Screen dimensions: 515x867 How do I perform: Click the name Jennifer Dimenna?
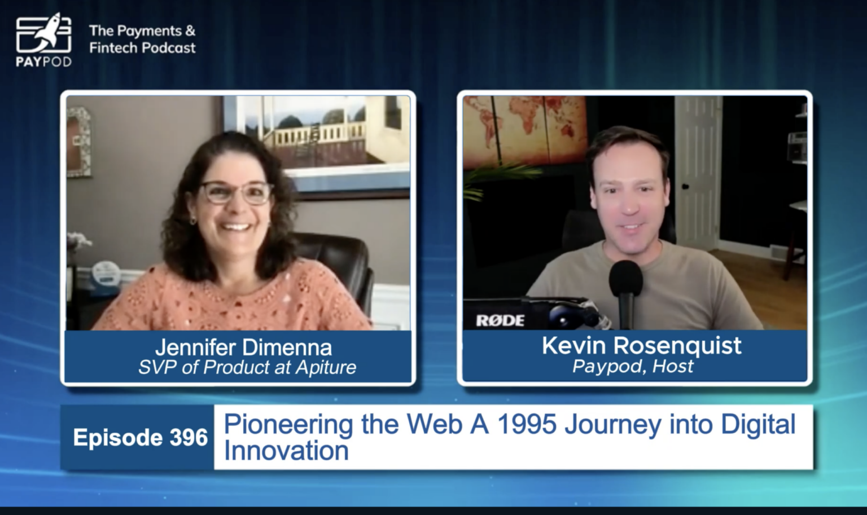tap(243, 347)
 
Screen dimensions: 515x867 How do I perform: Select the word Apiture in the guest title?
tap(326, 367)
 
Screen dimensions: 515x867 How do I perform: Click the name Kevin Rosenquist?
tap(641, 345)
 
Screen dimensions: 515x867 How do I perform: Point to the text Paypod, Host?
tap(632, 366)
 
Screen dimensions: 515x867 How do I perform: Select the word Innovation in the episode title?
tap(286, 451)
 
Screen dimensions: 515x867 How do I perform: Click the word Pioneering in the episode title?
tap(288, 425)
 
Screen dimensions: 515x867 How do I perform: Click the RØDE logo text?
tap(500, 320)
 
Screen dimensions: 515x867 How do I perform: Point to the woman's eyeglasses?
tap(237, 193)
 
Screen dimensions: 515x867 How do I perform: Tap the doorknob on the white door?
tap(685, 187)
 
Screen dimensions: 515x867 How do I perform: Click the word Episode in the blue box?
tap(117, 438)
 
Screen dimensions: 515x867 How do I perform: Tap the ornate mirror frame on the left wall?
tap(79, 141)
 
